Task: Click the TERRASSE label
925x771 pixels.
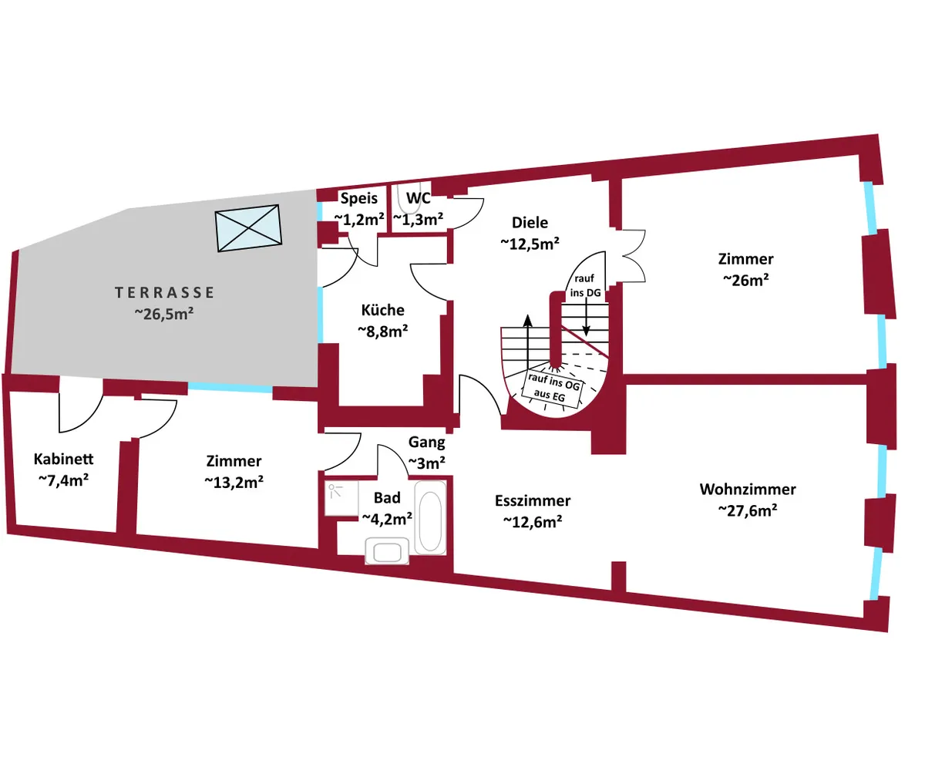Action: pyautogui.click(x=164, y=293)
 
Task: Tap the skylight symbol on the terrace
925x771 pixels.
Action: pyautogui.click(x=249, y=228)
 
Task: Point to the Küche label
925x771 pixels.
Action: pyautogui.click(x=382, y=310)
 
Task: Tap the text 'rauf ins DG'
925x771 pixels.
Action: pyautogui.click(x=585, y=284)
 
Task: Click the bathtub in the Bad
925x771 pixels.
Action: pyautogui.click(x=430, y=517)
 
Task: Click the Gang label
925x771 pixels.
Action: pyautogui.click(x=426, y=443)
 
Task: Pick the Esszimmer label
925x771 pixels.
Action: pyautogui.click(x=533, y=501)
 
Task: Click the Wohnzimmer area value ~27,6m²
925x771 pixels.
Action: pyautogui.click(x=747, y=510)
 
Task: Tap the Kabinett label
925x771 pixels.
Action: pyautogui.click(x=64, y=460)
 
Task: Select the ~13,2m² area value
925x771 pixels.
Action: pyautogui.click(x=234, y=481)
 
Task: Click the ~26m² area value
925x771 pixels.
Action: pyautogui.click(x=745, y=280)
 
